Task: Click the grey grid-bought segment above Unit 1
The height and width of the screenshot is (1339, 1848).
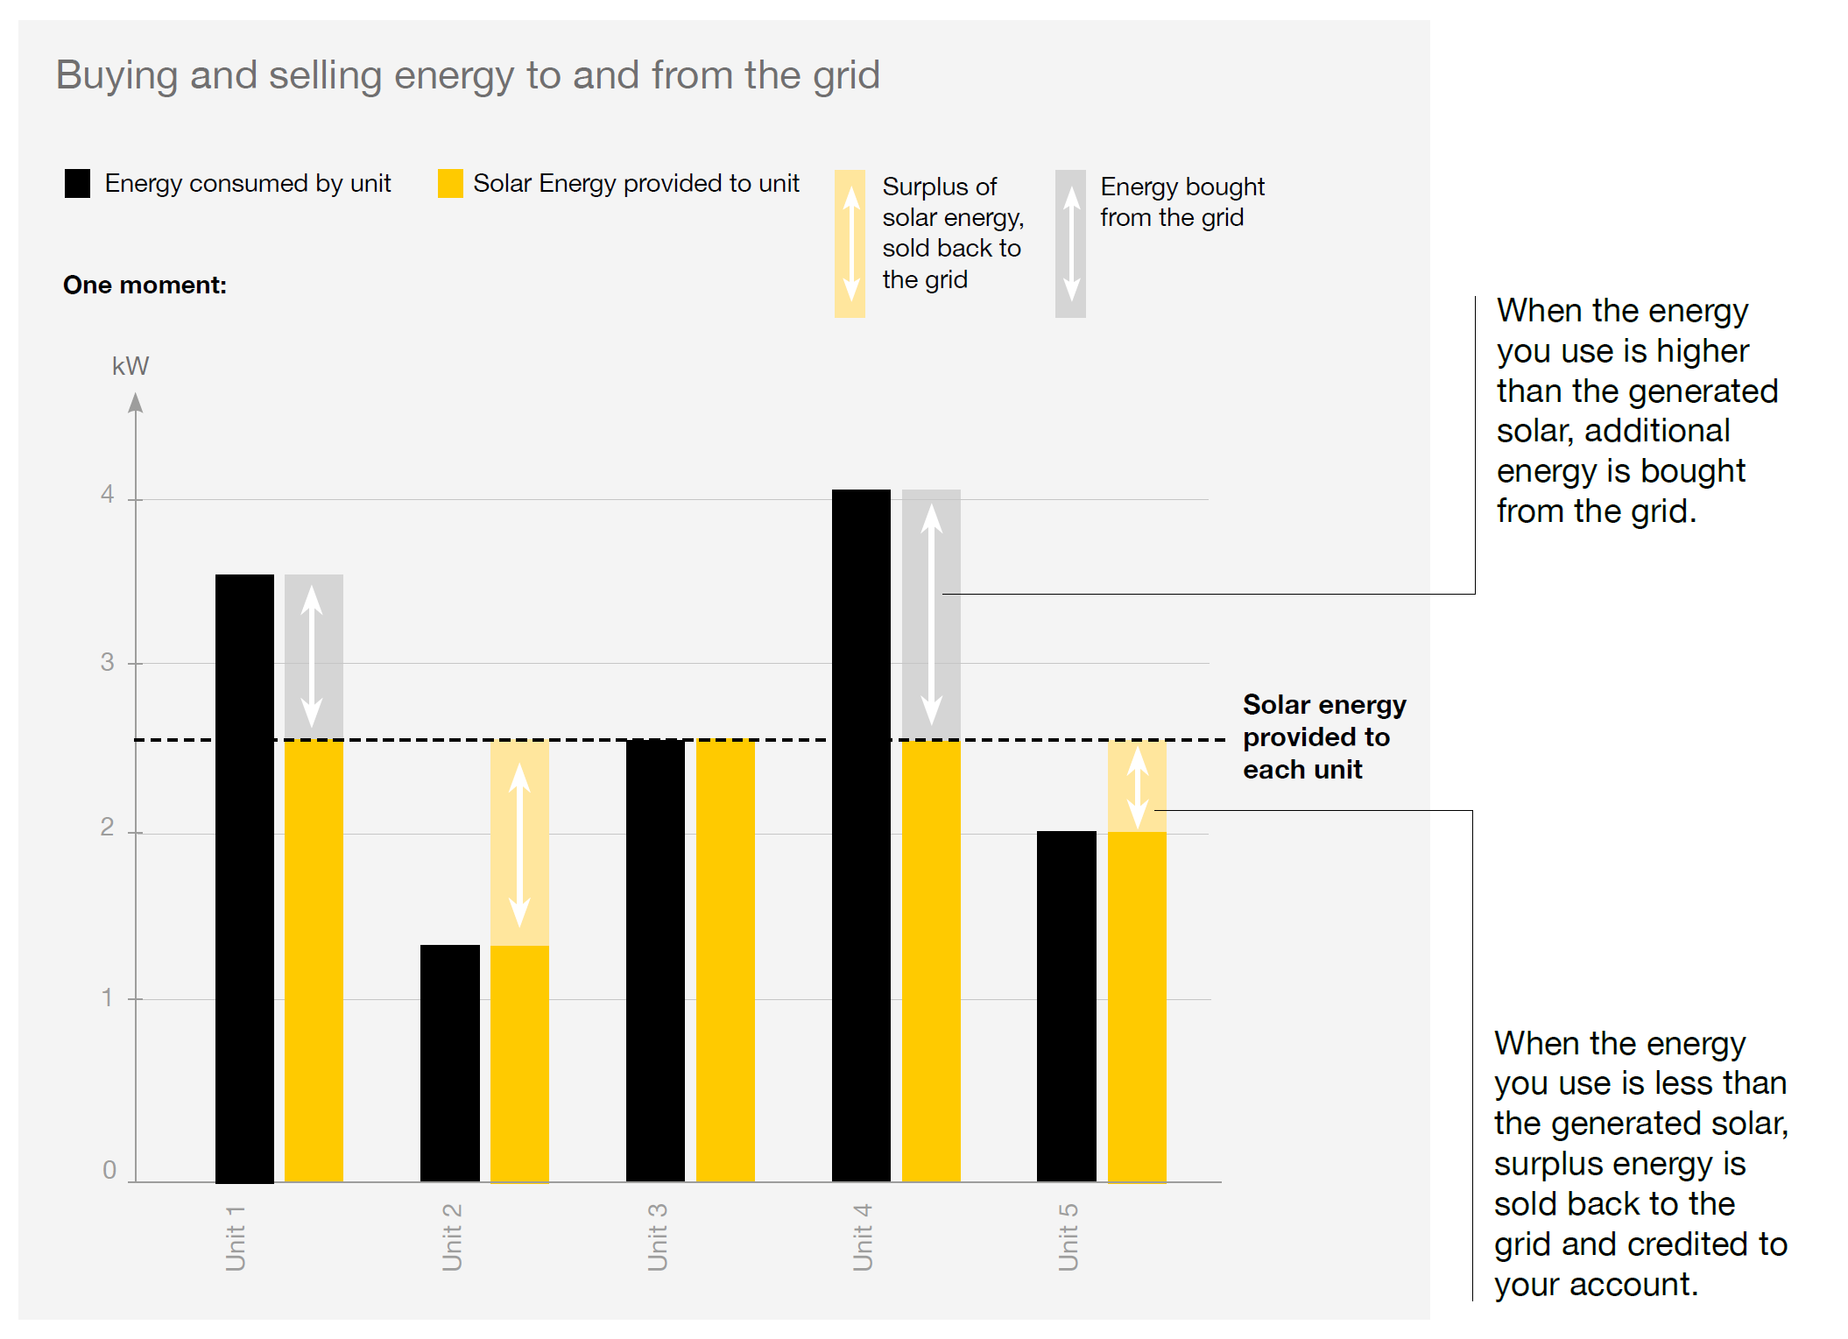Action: point(314,656)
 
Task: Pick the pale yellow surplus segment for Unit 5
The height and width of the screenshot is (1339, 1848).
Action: point(1137,786)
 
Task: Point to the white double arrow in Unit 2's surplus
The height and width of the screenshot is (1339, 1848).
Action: point(519,844)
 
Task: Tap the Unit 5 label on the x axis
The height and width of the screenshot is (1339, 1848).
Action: point(1068,1237)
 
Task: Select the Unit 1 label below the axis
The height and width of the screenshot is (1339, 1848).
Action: point(236,1237)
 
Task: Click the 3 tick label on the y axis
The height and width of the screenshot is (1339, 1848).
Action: point(107,662)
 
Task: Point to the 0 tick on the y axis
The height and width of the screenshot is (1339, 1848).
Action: point(109,1170)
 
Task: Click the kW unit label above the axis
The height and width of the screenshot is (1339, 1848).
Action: point(130,366)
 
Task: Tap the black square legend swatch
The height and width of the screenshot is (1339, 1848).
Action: point(77,183)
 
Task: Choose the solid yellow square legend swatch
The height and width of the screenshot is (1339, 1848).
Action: point(450,183)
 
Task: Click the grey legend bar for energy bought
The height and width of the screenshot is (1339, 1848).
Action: point(1070,243)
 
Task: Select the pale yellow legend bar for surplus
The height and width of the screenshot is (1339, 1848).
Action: point(850,243)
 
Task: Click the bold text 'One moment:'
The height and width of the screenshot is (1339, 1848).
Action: point(145,285)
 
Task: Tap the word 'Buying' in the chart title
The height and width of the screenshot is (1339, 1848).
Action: point(116,76)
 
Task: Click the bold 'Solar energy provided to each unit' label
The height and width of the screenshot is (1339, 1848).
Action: point(1323,736)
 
